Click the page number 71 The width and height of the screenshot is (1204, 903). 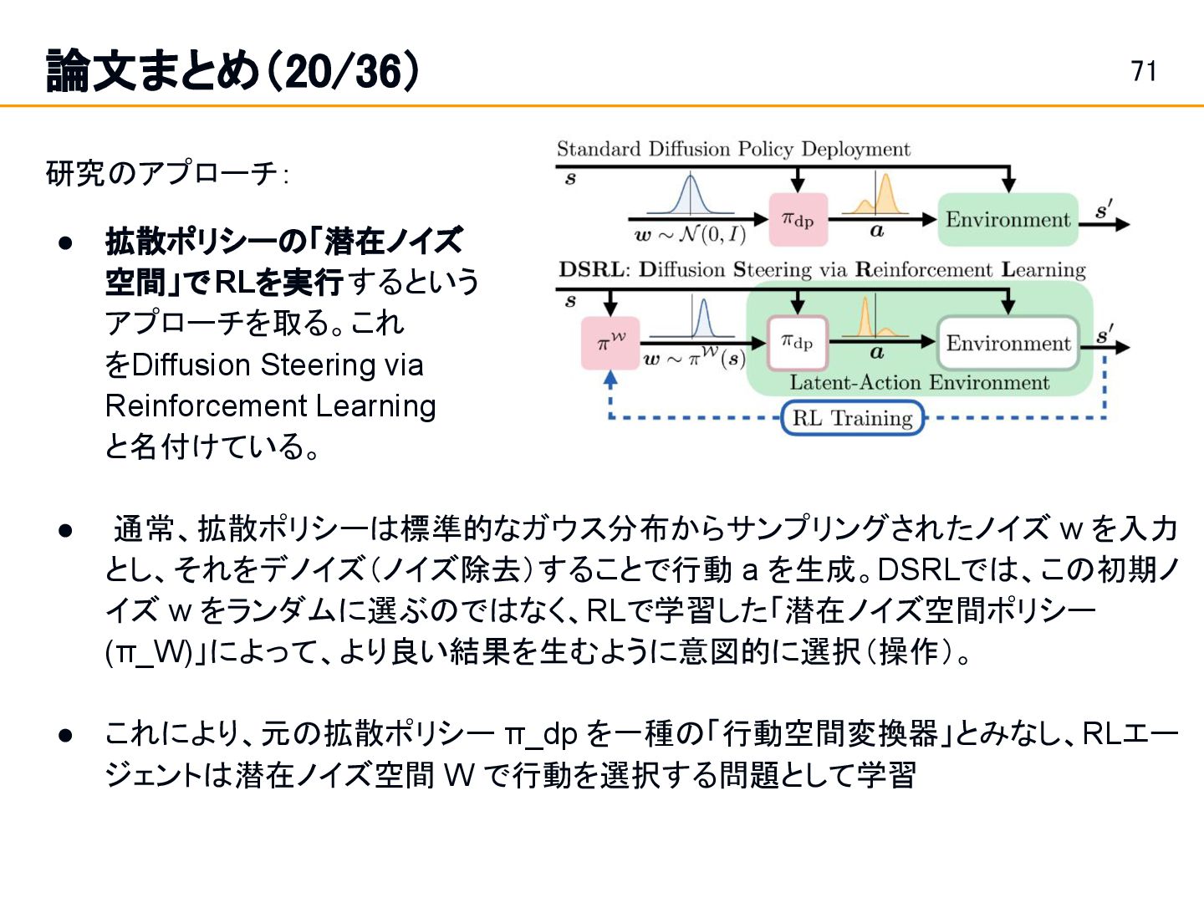coord(1144,71)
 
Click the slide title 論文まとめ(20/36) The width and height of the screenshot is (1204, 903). coord(232,71)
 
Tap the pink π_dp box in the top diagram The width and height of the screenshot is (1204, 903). coord(798,220)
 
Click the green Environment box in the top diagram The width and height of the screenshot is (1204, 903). coord(1008,220)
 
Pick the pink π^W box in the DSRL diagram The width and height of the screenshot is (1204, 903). coord(610,343)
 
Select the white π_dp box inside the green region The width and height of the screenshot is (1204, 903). coord(798,343)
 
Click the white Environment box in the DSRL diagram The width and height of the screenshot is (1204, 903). coord(1008,343)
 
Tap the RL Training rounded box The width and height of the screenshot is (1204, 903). coord(852,418)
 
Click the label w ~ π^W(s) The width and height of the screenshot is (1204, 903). coord(694,359)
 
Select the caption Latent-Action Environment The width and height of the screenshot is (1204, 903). coord(919,383)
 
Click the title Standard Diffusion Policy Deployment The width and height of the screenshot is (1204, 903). coord(733,150)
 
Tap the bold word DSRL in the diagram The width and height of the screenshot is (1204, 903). coord(591,270)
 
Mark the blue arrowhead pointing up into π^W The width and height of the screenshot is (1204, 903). coord(610,378)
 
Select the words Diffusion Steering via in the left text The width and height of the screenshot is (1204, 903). coord(278,365)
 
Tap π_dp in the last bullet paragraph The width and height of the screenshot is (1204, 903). coord(541,734)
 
